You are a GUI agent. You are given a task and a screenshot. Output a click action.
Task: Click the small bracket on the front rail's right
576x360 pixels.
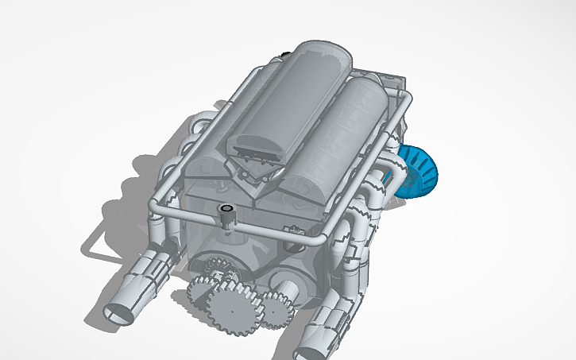(x=297, y=230)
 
